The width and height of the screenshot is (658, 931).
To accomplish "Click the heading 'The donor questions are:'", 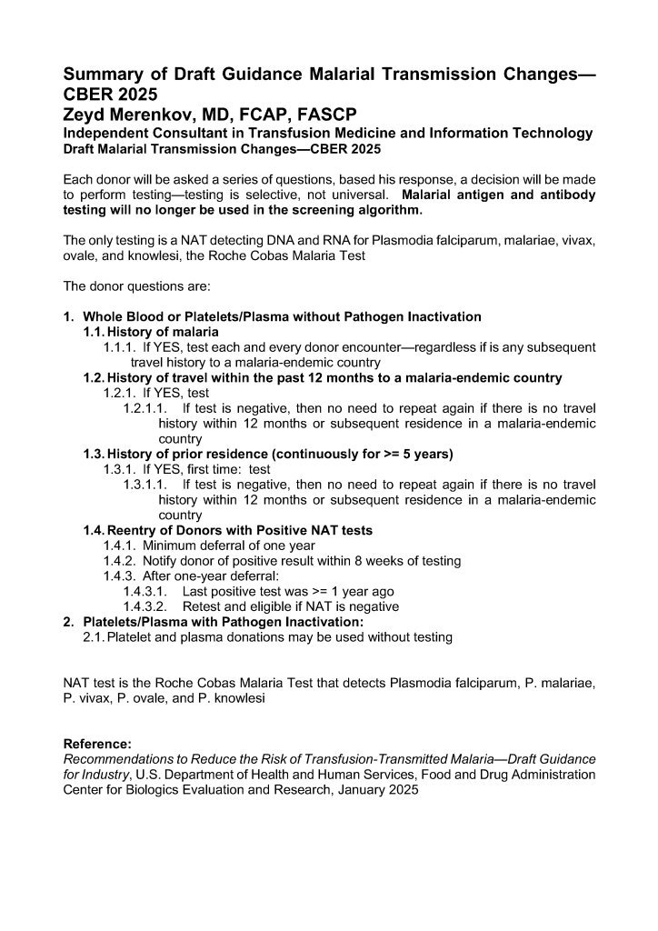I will (136, 285).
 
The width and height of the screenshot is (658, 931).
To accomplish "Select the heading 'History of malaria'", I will (163, 332).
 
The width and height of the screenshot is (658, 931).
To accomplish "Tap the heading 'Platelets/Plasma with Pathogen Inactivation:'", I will (223, 622).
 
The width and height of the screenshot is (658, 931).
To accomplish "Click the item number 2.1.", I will (94, 637).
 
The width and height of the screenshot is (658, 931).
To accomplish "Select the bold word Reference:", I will (97, 744).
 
